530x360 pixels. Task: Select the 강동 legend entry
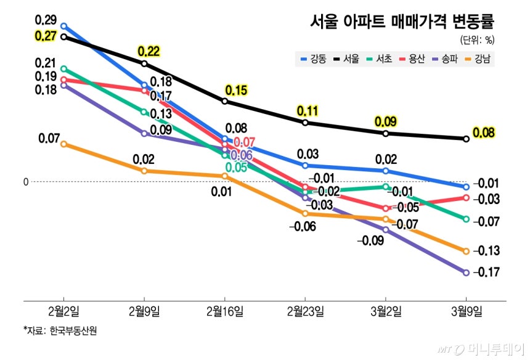[314, 60]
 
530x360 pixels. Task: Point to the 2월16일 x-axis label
[224, 309]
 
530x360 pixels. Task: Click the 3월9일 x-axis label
[466, 309]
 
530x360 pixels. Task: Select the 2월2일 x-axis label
[63, 309]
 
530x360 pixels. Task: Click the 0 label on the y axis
[26, 182]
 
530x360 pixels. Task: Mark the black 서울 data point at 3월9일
[466, 139]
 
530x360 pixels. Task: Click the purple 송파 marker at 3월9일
[466, 272]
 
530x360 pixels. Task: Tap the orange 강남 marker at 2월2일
[63, 144]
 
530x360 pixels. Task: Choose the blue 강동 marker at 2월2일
[63, 27]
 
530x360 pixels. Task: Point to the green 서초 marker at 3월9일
[466, 219]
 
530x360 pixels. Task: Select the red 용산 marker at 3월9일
[466, 197]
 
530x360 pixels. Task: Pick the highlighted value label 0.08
[484, 133]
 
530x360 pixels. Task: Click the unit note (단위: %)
[477, 41]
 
